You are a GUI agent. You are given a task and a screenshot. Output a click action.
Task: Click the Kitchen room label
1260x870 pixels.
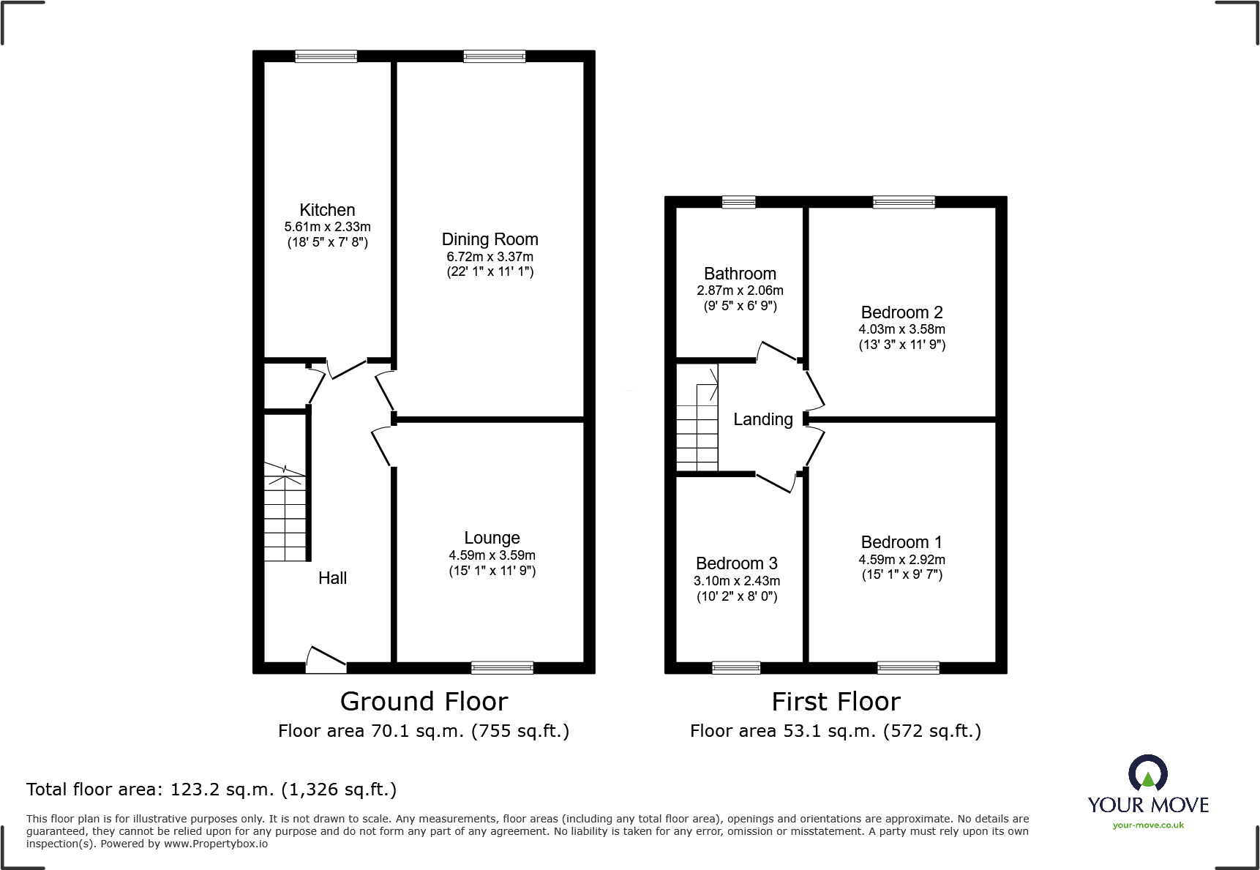327,210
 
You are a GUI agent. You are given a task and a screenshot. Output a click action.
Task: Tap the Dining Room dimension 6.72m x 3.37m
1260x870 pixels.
490,257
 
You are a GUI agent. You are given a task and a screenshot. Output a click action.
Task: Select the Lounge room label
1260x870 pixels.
492,538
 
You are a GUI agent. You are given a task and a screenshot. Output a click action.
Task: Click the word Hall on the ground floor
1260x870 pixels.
332,578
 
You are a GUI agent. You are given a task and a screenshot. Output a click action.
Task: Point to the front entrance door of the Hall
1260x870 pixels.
325,660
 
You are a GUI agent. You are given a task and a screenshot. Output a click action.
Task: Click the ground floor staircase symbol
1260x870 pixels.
285,516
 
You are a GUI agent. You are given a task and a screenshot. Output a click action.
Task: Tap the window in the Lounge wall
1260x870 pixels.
502,667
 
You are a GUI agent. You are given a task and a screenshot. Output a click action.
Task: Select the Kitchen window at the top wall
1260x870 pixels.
326,56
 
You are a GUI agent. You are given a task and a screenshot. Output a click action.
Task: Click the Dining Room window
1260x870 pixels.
494,56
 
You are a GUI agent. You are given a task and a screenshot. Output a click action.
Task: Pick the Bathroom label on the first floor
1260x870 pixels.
740,274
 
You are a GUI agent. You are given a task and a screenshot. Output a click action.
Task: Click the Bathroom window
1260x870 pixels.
738,203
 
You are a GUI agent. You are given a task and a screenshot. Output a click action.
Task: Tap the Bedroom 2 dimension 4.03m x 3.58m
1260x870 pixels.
901,329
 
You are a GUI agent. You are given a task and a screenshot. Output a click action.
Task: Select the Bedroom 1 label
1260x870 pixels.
901,542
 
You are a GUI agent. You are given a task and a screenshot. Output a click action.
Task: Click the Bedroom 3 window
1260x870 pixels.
736,667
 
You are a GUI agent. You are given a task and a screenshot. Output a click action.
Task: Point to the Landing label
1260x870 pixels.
763,419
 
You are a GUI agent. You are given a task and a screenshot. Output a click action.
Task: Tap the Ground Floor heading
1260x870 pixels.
424,702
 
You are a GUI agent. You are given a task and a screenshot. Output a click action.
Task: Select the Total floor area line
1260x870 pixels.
211,790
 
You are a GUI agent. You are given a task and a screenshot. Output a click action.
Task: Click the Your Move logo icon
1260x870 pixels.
1147,774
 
